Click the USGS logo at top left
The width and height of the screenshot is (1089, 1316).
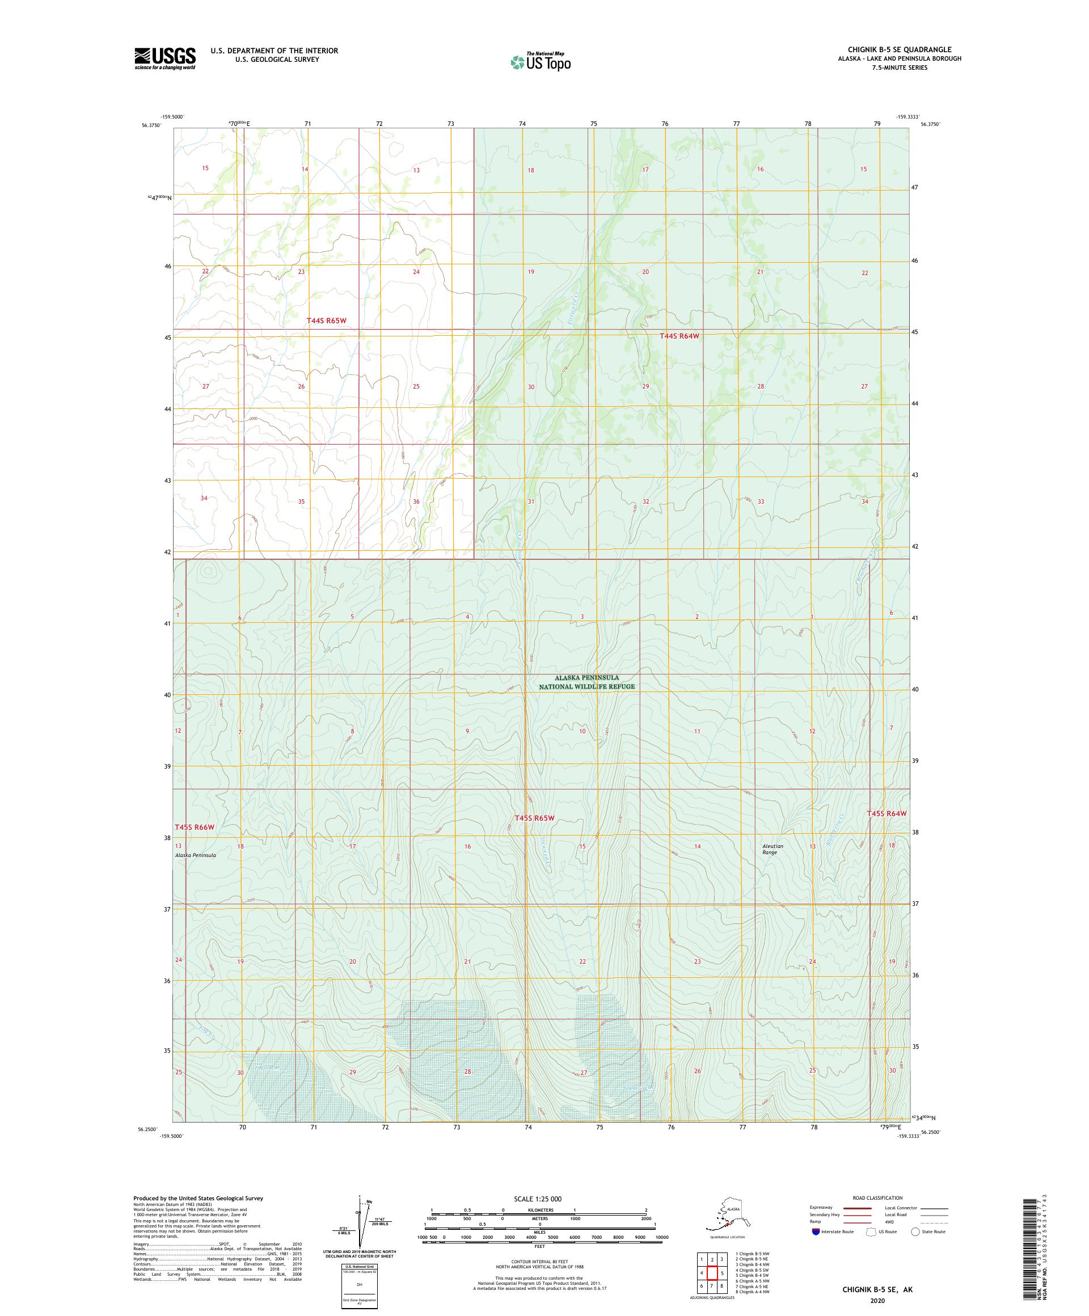pos(164,59)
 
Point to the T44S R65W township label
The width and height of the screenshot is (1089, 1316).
pos(326,320)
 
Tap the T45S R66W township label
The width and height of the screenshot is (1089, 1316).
pos(194,827)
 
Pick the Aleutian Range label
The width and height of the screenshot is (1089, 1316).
pos(773,849)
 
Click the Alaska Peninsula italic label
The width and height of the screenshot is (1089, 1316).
pos(196,855)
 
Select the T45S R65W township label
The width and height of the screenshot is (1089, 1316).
pos(534,818)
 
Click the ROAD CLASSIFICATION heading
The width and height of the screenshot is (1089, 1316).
pos(877,1197)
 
